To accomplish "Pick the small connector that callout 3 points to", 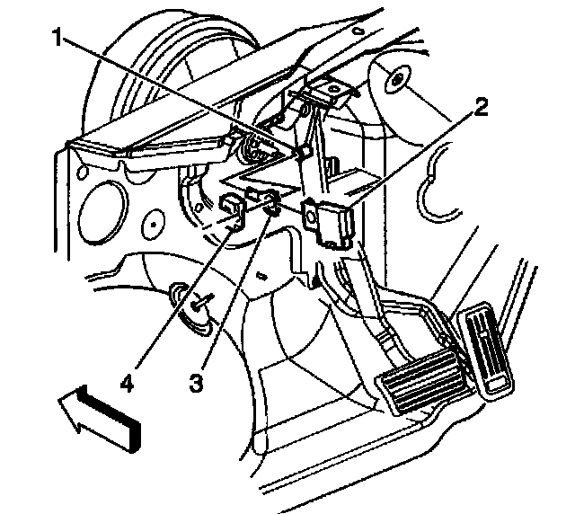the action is pos(265,199).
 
